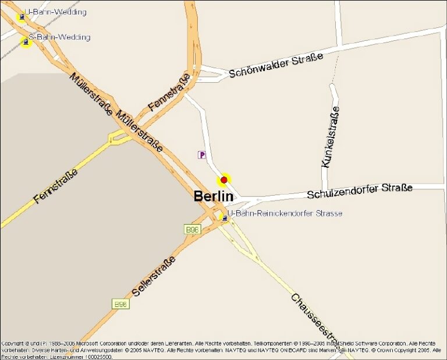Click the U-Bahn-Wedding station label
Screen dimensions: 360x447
coord(56,12)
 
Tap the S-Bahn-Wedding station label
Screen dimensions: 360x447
coord(59,37)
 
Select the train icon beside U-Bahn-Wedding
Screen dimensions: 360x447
coord(22,17)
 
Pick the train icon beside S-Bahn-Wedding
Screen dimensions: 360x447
coord(26,42)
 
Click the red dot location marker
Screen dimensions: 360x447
coord(224,180)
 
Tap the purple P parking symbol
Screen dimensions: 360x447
coord(202,155)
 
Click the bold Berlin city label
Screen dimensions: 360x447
coord(214,197)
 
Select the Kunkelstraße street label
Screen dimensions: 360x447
coord(330,137)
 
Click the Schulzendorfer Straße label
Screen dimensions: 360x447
coord(360,190)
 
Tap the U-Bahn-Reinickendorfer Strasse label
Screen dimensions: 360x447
coord(285,214)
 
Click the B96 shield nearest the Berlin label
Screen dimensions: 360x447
coord(192,230)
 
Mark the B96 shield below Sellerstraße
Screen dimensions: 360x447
coord(120,304)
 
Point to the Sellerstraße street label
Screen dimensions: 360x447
coord(154,276)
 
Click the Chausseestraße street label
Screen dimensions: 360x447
coord(314,317)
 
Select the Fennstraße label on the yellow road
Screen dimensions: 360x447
coord(55,186)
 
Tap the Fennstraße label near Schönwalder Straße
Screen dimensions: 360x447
coord(169,93)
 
